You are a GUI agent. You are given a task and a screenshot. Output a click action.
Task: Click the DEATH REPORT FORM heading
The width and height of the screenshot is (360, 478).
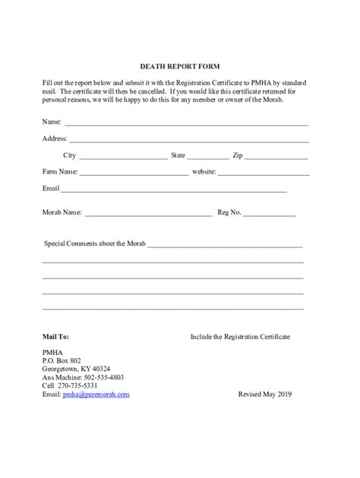(180, 66)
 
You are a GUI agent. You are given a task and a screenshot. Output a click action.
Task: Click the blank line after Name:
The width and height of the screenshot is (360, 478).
(186, 123)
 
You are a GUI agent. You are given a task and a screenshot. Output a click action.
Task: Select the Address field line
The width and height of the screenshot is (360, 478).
(190, 140)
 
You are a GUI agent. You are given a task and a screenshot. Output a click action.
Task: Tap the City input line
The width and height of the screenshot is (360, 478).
(122, 158)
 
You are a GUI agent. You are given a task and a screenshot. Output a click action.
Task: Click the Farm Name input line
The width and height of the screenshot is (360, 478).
(134, 175)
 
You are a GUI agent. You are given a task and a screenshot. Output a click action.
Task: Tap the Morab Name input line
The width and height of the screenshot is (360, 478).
(148, 215)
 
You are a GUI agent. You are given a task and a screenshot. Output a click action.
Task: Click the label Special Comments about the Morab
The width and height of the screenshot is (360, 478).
(95, 244)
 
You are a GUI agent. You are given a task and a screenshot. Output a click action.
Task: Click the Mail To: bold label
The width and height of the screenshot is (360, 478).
(55, 335)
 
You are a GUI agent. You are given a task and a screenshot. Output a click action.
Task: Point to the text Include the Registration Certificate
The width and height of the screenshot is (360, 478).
(240, 335)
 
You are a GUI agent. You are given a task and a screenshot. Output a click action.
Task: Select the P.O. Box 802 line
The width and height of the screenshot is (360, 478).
(62, 360)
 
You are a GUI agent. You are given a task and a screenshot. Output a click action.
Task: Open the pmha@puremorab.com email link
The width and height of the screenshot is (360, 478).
(96, 395)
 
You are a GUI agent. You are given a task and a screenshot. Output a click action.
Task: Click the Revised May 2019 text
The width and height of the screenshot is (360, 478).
(264, 395)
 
